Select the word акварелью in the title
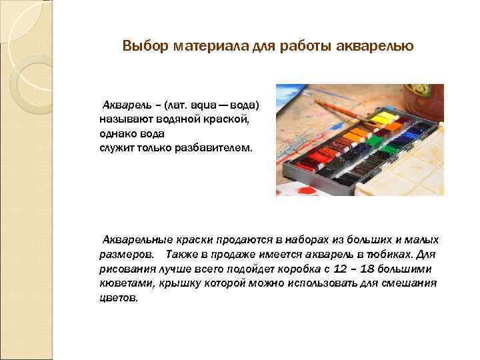pyautogui.click(x=381, y=47)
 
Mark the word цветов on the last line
pyautogui.click(x=118, y=298)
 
